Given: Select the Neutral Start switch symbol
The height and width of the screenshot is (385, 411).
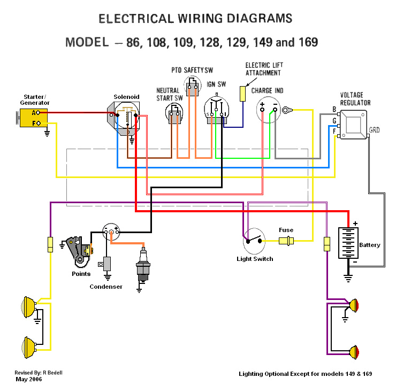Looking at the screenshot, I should [174, 113].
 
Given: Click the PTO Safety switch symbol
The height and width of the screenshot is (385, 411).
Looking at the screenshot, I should [192, 86].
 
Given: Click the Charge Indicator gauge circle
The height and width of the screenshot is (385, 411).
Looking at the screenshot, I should [269, 110].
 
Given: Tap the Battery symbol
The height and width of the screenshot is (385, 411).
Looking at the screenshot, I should [348, 244].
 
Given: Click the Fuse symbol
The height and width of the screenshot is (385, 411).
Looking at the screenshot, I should [287, 241].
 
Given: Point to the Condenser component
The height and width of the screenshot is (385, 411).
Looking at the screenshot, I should [108, 264].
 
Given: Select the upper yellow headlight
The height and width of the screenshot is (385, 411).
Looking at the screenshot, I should [28, 306].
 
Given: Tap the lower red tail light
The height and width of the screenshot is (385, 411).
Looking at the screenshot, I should [354, 352].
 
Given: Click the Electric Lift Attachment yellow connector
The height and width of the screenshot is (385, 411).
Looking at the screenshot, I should [242, 94].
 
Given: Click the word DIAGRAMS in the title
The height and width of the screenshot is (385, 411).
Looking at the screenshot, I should [257, 19].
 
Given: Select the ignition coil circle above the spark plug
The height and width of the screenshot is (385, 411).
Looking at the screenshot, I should [111, 232].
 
